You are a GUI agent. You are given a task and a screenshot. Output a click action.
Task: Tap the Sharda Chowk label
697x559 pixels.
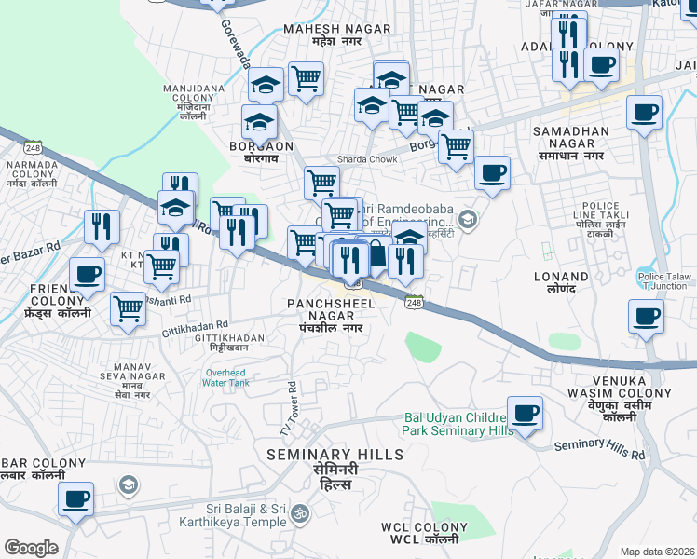point(367,159)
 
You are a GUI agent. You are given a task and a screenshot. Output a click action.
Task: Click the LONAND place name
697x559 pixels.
point(561,284)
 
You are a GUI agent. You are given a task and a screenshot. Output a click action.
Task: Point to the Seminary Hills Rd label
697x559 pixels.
point(599,449)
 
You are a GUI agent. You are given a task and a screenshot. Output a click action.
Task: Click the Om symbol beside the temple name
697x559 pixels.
point(300,513)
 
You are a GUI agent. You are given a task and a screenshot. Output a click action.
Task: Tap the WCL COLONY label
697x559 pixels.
point(424,533)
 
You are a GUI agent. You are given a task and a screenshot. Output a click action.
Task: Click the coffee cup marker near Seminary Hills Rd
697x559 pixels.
point(525,413)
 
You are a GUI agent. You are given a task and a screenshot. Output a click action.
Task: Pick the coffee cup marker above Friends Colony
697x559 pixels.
point(87,275)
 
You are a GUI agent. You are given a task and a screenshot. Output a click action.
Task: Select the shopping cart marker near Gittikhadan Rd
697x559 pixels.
point(128,309)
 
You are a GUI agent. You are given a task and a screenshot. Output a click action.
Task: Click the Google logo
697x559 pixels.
point(30,548)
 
